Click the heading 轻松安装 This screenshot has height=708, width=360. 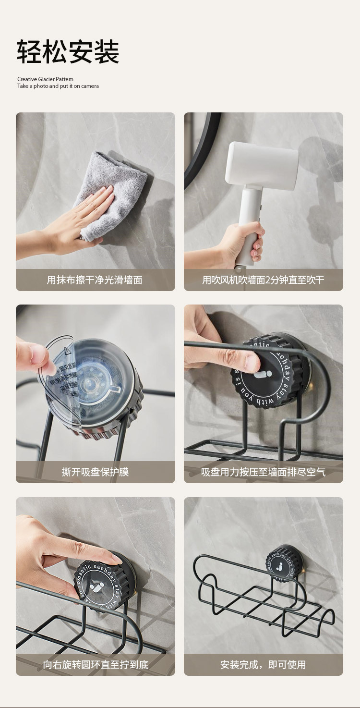coord(68,52)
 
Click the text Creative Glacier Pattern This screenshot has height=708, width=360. coord(45,79)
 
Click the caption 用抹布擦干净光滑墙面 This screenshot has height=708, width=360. coord(95,280)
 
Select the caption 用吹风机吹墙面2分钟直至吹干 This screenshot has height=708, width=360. coord(263,280)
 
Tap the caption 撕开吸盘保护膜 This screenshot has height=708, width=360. coord(95,472)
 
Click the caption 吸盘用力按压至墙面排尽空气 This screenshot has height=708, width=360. coord(263,472)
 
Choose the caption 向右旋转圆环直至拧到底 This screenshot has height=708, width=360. coord(96,665)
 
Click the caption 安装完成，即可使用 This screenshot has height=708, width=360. coord(263,665)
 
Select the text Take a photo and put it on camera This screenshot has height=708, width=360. coord(58,86)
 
